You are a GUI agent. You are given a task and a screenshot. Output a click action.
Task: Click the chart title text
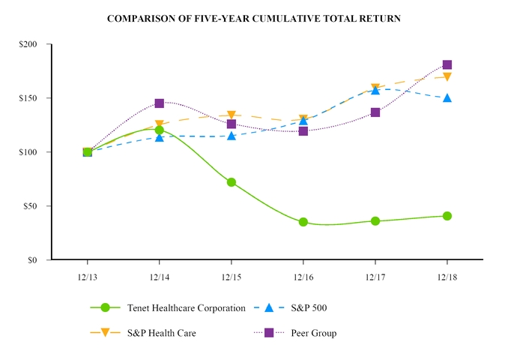(x=254, y=17)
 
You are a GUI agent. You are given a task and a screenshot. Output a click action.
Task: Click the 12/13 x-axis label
(x=88, y=277)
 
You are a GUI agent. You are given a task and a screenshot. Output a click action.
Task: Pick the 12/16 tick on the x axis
(x=303, y=277)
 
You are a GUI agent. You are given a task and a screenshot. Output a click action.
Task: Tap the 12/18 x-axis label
(x=447, y=277)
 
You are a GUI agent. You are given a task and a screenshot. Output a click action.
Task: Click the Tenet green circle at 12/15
(x=232, y=182)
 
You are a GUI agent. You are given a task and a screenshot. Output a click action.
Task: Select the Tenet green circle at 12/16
(x=303, y=222)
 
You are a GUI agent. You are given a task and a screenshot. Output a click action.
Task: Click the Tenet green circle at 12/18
(x=447, y=216)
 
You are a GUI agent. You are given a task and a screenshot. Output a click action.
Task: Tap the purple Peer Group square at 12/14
(x=160, y=103)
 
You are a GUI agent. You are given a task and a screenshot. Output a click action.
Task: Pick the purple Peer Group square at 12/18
(x=447, y=65)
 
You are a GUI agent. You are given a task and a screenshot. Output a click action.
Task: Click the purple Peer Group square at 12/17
(x=375, y=112)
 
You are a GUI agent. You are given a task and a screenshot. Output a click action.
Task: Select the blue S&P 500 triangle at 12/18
(x=447, y=97)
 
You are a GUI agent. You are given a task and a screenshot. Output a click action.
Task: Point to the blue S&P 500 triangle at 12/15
(x=232, y=136)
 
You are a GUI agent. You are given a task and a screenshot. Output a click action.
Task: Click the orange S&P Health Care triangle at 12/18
(x=447, y=76)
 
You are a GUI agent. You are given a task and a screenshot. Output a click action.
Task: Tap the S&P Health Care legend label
(x=161, y=332)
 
